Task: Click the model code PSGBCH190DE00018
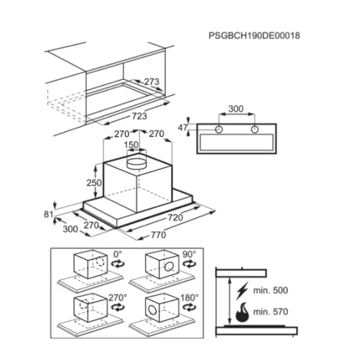[x=254, y=35]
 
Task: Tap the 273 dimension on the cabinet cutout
[x=152, y=82]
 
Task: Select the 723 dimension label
[x=139, y=116]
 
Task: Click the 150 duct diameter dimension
[x=131, y=145]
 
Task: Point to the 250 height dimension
[x=94, y=183]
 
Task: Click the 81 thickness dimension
[x=48, y=214]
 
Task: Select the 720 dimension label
[x=175, y=217]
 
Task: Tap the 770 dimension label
[x=158, y=234]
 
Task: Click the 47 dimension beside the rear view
[x=183, y=128]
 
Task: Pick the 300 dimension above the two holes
[x=236, y=109]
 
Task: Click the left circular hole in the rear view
[x=219, y=130]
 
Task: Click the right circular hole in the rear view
[x=255, y=130]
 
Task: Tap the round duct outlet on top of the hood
[x=136, y=163]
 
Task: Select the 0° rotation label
[x=118, y=255]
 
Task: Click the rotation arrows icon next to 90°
[x=189, y=264]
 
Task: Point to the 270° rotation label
[x=118, y=298]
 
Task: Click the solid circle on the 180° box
[x=153, y=310]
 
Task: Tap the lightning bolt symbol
[x=242, y=291]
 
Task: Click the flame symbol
[x=242, y=312]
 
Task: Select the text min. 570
[x=270, y=312]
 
